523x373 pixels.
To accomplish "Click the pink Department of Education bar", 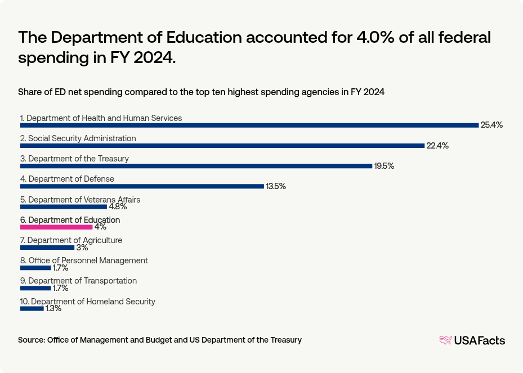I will (x=56, y=227).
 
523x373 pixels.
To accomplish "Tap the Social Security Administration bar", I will (x=222, y=146).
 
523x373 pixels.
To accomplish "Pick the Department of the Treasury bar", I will (x=196, y=166).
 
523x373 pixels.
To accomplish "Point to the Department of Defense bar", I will (x=142, y=186).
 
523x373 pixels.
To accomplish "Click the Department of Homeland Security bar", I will (x=32, y=308).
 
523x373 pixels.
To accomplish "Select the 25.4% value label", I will (x=491, y=125).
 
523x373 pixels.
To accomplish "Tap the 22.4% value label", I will (x=437, y=146).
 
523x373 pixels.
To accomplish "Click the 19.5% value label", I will (x=384, y=166).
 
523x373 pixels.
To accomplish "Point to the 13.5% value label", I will (x=276, y=186).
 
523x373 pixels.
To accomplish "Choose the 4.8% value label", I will (x=118, y=207).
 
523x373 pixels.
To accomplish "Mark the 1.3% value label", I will (x=53, y=308).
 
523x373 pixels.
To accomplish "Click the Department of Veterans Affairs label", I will (x=80, y=200).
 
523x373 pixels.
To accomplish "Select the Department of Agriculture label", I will (x=71, y=240).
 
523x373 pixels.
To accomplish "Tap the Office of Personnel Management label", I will (x=84, y=260).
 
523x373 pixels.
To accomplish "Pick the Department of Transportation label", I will (x=78, y=281).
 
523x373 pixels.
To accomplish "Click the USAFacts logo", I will (x=472, y=340).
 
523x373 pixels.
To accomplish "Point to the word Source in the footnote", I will (x=31, y=340).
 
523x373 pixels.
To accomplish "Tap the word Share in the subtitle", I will (x=30, y=92).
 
